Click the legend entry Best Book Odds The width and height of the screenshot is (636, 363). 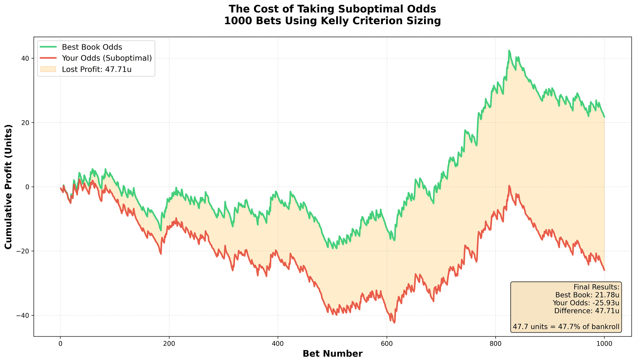click(92, 47)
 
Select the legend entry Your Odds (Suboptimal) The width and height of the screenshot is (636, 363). click(107, 58)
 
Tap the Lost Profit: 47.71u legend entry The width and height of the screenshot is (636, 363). click(96, 69)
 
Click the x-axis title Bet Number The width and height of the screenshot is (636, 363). click(333, 354)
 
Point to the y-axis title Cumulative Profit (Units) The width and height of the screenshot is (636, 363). click(8, 187)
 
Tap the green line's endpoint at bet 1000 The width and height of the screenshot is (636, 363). click(604, 117)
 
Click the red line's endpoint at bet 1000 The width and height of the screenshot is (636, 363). click(604, 270)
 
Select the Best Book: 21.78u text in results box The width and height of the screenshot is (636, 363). click(587, 295)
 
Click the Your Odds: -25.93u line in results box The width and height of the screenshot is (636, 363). click(586, 303)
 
